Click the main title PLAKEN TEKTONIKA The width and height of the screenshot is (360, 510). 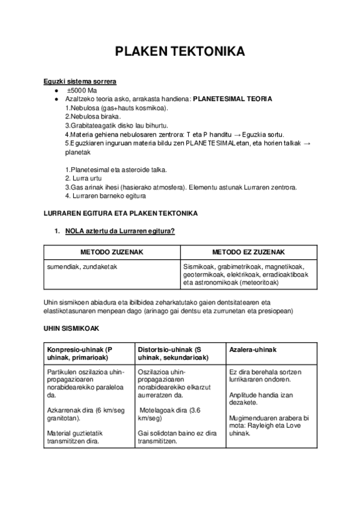(180, 52)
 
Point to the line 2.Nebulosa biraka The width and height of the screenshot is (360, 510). (93, 116)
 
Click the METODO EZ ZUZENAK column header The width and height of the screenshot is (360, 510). (248, 253)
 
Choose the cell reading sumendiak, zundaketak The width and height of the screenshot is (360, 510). (80, 266)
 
